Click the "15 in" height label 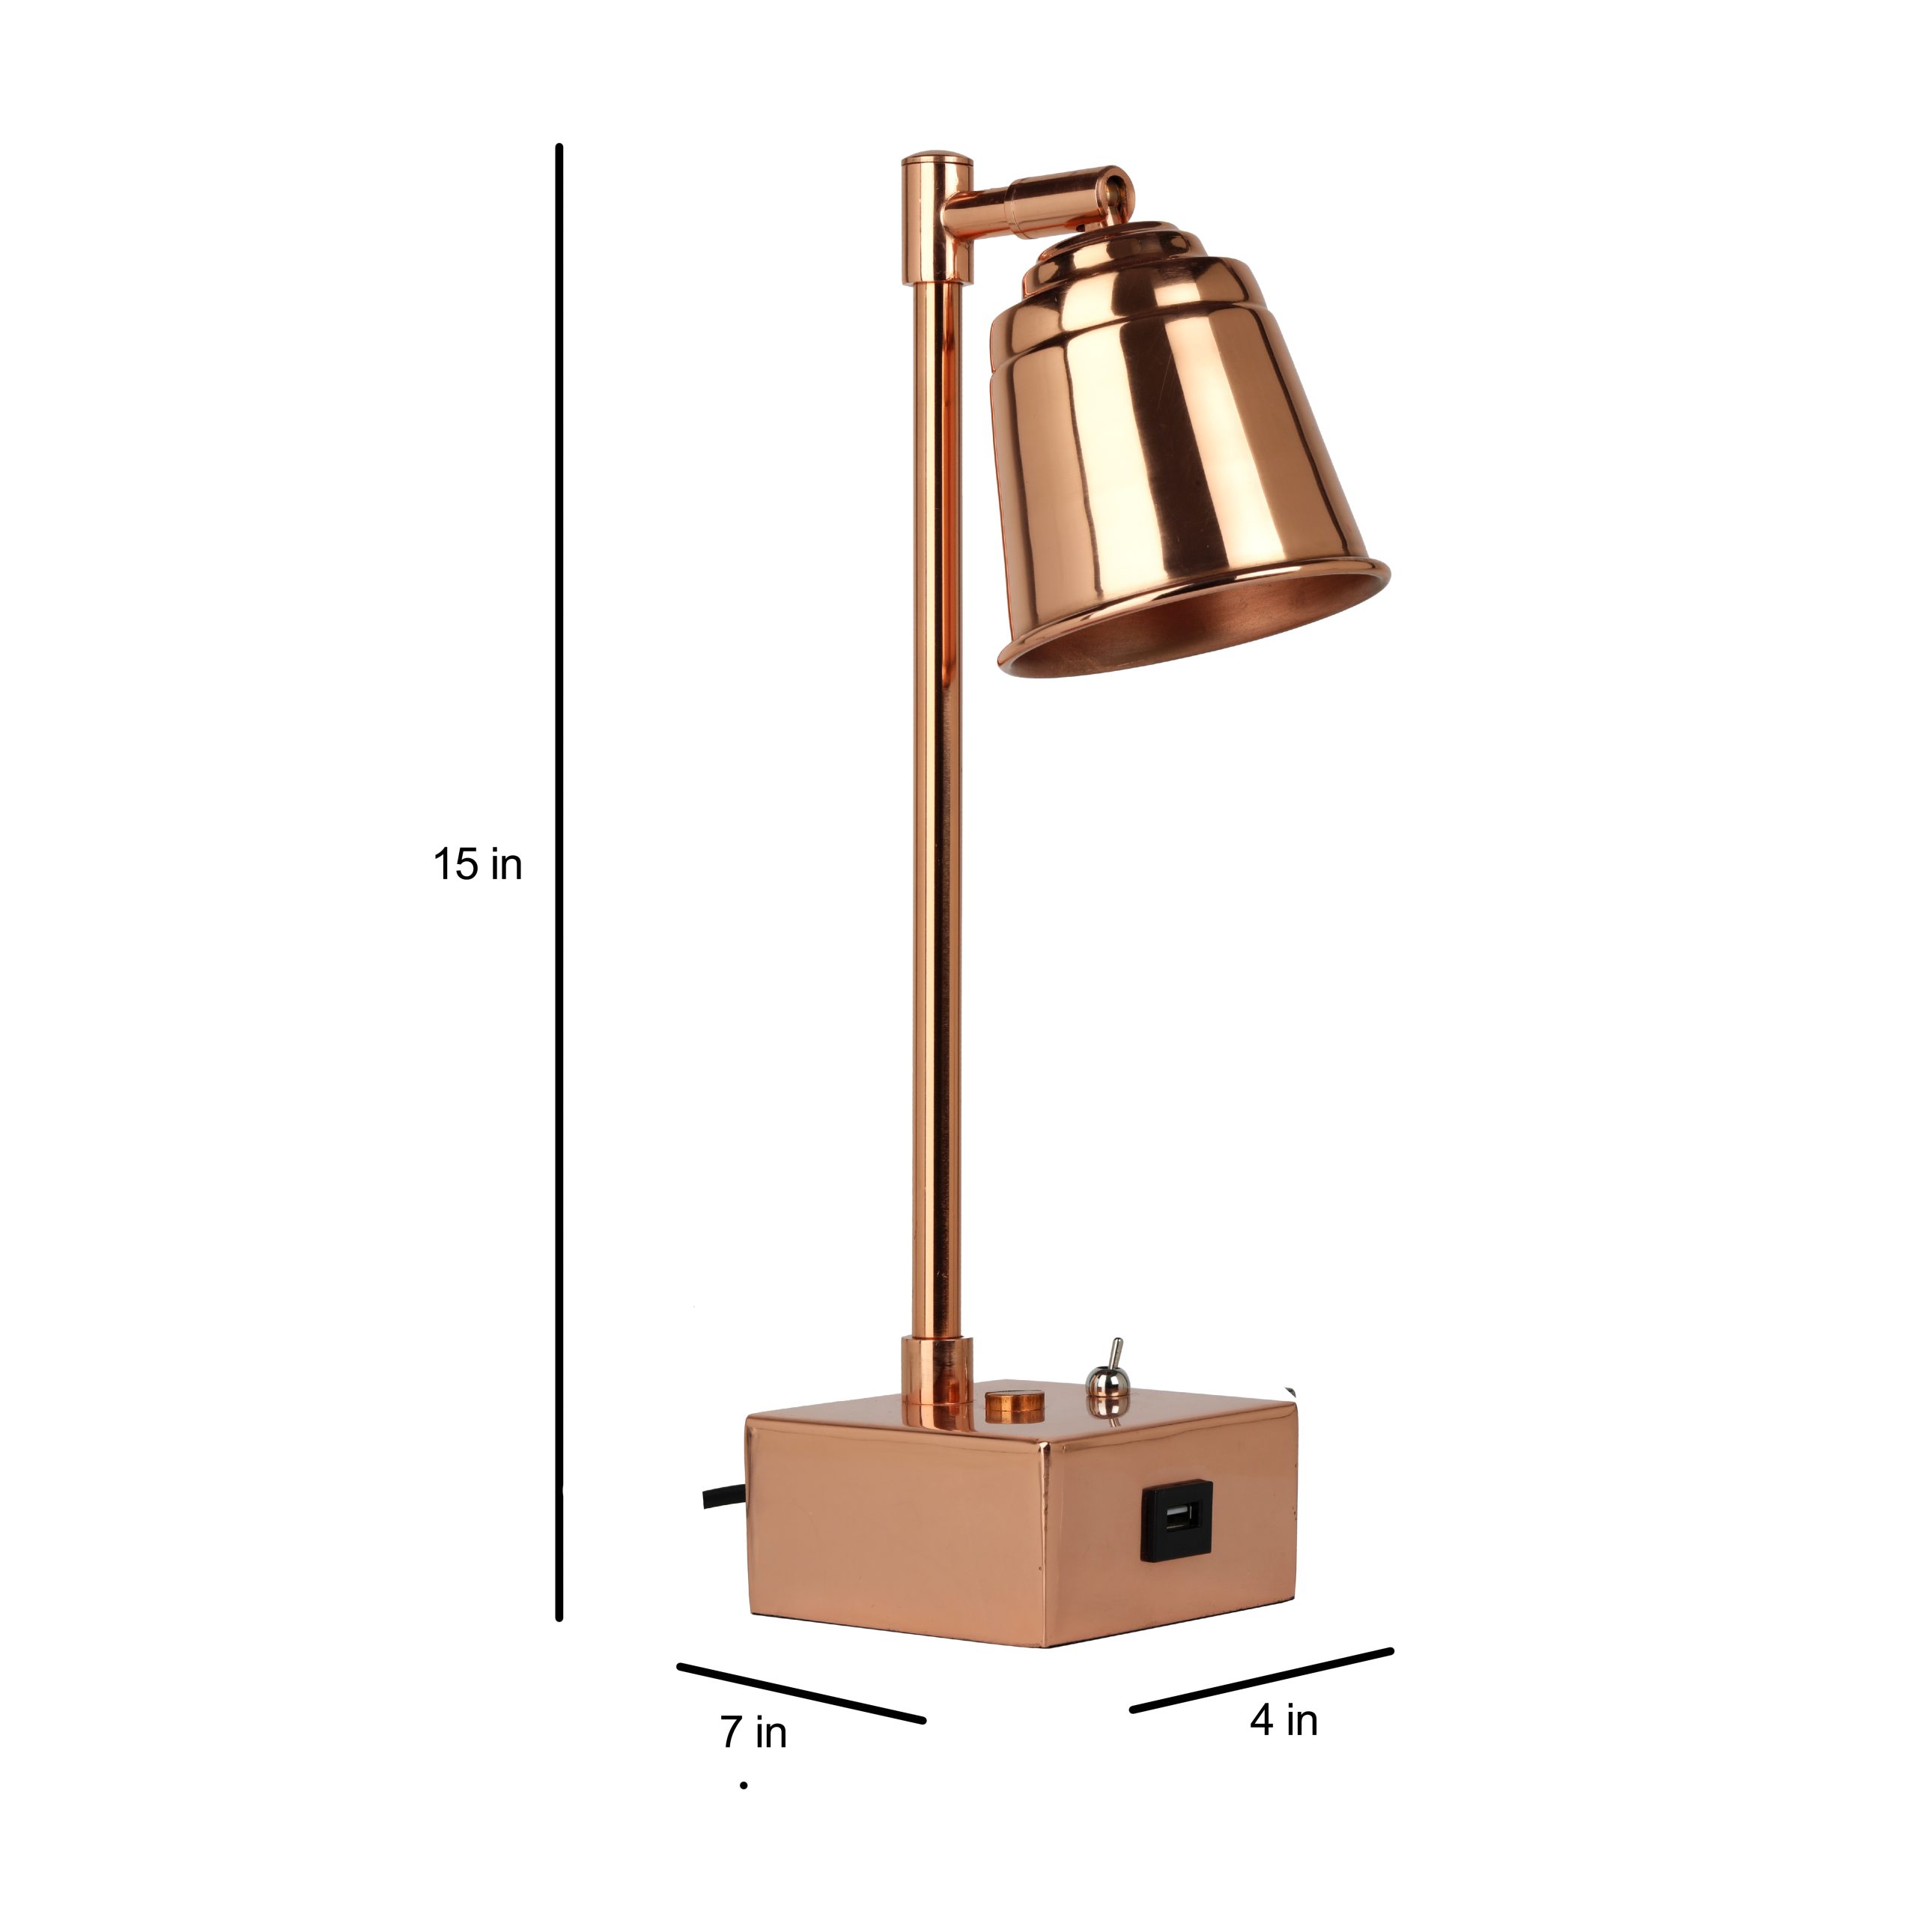(477, 864)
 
